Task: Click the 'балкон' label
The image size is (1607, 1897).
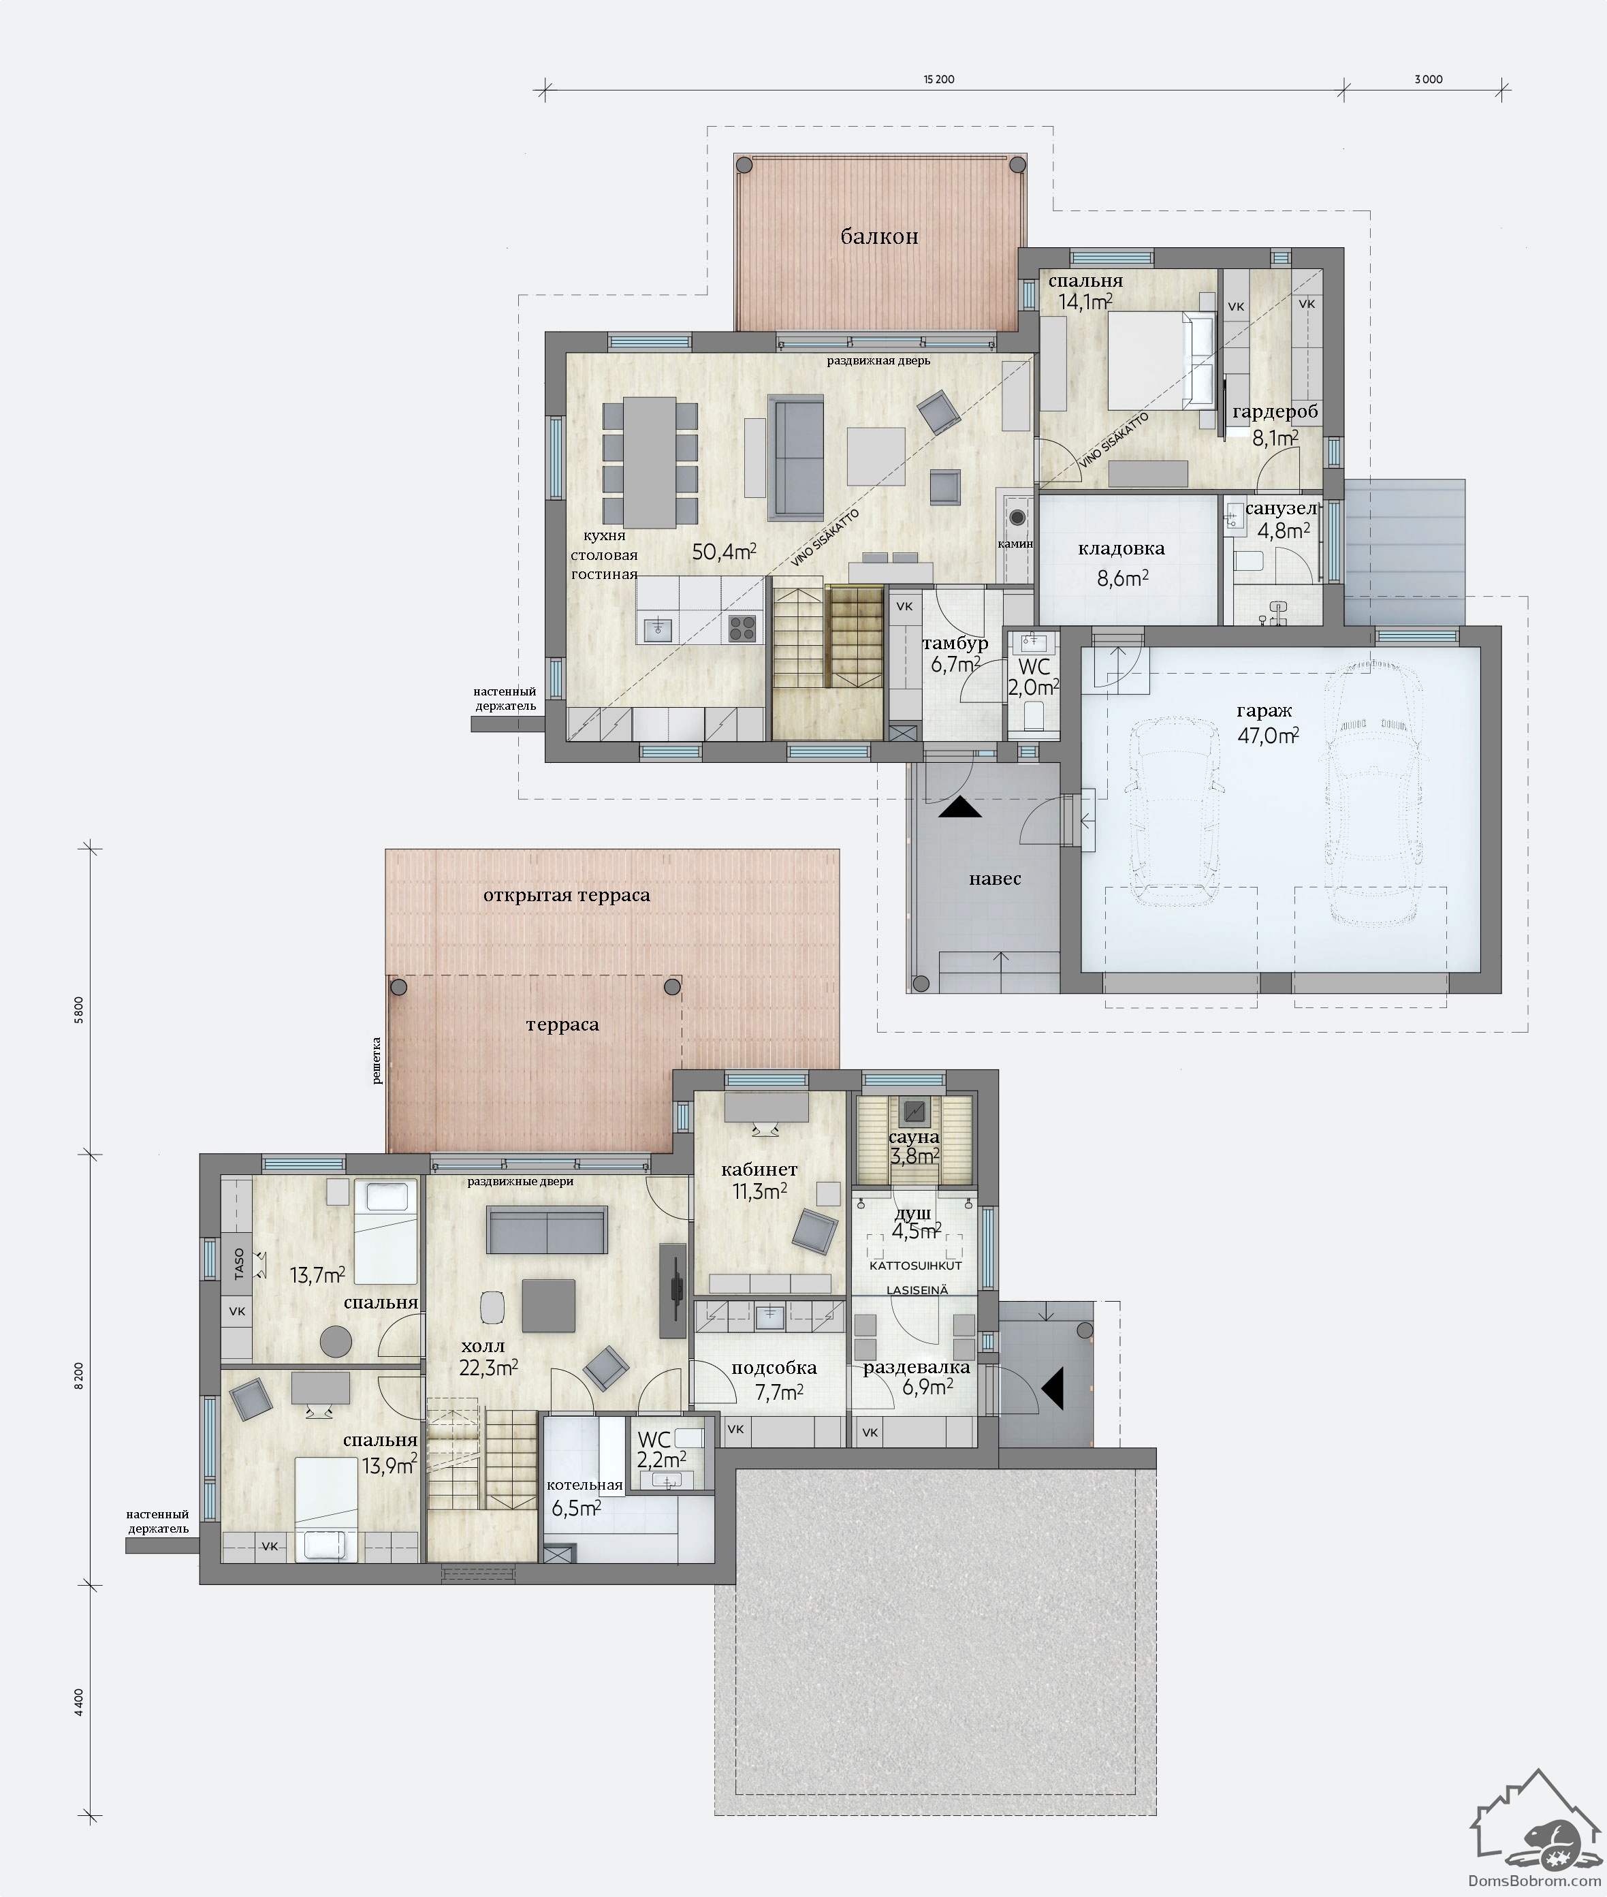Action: [879, 237]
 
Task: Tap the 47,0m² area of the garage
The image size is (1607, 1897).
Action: [1268, 735]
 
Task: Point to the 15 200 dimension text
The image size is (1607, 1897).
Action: [939, 79]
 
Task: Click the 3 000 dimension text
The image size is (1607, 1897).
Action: [1429, 79]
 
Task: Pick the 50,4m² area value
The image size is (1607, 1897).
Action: [725, 551]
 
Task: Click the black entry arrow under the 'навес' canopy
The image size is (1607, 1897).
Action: [960, 806]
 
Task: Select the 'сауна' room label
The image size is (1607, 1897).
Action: [914, 1137]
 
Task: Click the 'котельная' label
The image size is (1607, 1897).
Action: [584, 1484]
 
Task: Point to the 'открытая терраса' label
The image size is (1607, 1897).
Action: [567, 895]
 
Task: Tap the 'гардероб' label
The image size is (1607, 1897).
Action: [1275, 413]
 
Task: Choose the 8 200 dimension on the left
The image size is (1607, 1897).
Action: [79, 1376]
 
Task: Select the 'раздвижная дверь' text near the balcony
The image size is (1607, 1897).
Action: [878, 361]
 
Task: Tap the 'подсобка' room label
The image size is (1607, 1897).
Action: [774, 1368]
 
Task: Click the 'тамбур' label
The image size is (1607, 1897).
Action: [955, 643]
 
